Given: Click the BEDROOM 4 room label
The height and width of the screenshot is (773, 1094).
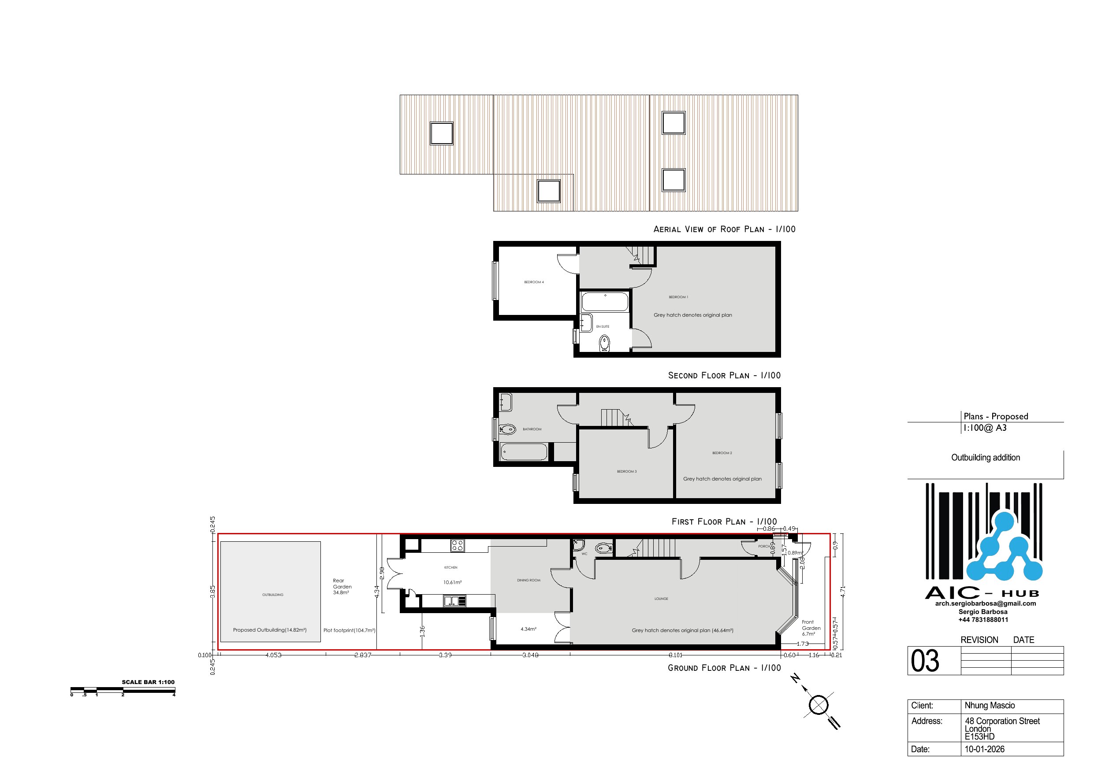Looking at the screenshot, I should (x=534, y=282).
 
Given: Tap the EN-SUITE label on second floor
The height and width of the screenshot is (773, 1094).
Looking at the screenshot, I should (x=602, y=327).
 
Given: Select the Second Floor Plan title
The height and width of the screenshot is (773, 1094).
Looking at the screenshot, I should (x=724, y=375).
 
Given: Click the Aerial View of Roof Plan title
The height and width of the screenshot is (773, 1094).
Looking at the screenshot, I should (x=724, y=229).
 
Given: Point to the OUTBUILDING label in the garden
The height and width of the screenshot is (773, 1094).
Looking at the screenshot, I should (x=272, y=595).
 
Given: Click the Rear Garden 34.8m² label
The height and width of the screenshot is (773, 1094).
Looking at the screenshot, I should (x=342, y=586).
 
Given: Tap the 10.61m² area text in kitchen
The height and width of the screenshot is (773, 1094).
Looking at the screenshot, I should (x=452, y=582).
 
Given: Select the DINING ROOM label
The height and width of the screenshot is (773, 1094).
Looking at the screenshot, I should (x=528, y=580).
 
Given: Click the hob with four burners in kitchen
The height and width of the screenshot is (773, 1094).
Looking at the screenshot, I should (x=458, y=545).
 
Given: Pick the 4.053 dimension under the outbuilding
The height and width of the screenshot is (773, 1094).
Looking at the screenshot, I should (x=273, y=655).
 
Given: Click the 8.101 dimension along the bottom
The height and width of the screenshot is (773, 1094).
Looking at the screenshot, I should (x=675, y=655).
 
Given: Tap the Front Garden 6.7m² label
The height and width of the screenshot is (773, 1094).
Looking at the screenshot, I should (x=811, y=628).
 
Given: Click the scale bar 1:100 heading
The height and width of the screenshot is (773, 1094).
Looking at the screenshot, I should (x=148, y=682).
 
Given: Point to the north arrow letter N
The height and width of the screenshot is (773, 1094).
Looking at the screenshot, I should (x=795, y=679).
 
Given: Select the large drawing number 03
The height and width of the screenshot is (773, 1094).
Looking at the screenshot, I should (x=924, y=661).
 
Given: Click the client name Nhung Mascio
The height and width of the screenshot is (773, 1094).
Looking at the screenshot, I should (x=989, y=705).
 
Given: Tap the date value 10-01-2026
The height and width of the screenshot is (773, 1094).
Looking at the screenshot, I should (x=984, y=749).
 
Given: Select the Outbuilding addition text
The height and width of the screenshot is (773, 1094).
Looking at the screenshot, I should (x=986, y=457).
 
